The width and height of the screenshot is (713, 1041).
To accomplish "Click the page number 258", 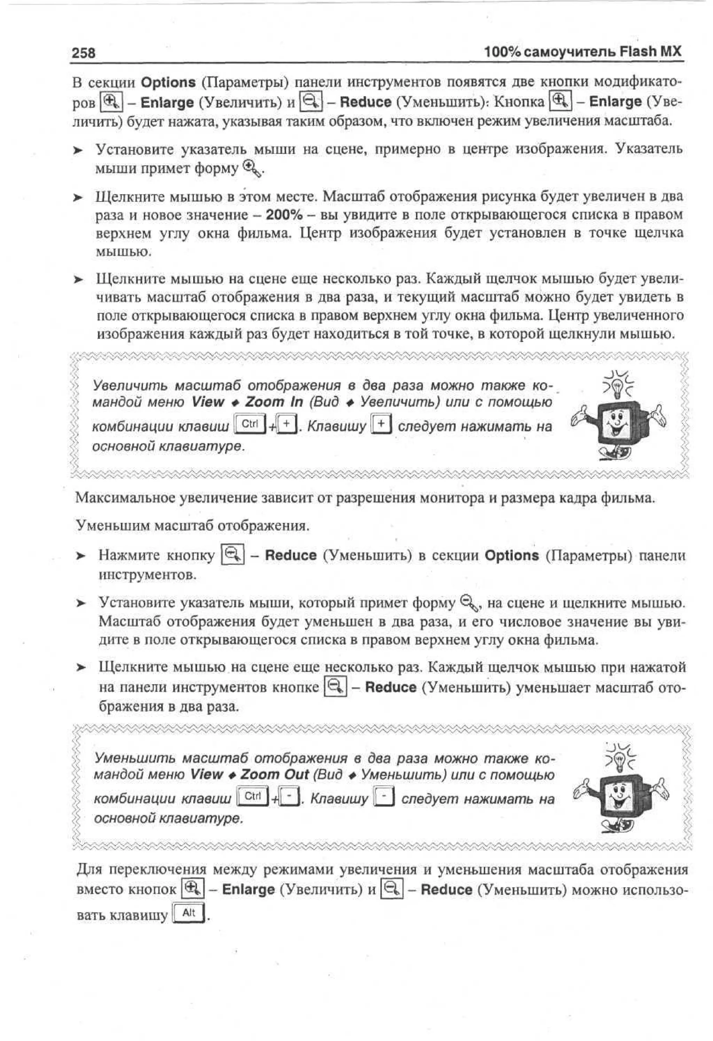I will [x=83, y=53].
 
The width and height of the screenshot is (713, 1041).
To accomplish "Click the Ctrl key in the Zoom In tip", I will [x=250, y=423].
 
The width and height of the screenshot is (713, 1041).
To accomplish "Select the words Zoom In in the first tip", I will [x=274, y=402].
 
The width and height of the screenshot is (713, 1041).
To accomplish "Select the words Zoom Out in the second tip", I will [x=275, y=774].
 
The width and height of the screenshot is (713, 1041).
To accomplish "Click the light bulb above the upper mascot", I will [x=619, y=384].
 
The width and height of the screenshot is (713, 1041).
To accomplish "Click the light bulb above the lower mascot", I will [x=621, y=759].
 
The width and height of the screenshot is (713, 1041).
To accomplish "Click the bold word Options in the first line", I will [x=168, y=83].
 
